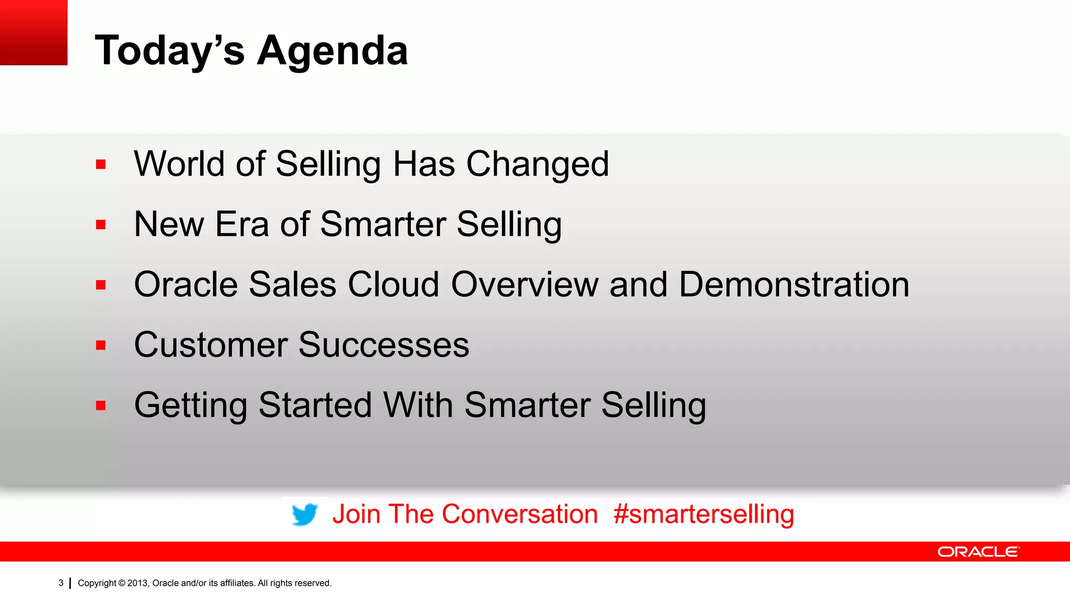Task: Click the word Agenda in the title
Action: [x=332, y=51]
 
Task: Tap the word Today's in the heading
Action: [x=169, y=50]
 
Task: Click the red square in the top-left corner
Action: [x=33, y=32]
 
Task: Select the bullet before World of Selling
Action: [x=101, y=165]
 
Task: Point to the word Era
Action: [x=241, y=224]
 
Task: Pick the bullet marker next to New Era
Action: [x=101, y=225]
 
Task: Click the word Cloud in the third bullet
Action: [x=393, y=285]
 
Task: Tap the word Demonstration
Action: [x=794, y=285]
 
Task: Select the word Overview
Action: [x=525, y=285]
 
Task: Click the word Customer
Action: [x=211, y=345]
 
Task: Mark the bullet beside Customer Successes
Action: [x=101, y=345]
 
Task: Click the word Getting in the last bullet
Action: [x=191, y=406]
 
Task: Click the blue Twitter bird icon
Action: [x=305, y=514]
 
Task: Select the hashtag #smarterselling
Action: [x=703, y=514]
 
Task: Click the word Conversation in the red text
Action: [x=519, y=514]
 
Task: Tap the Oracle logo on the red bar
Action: [x=978, y=552]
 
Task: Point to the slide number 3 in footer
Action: [x=61, y=583]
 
